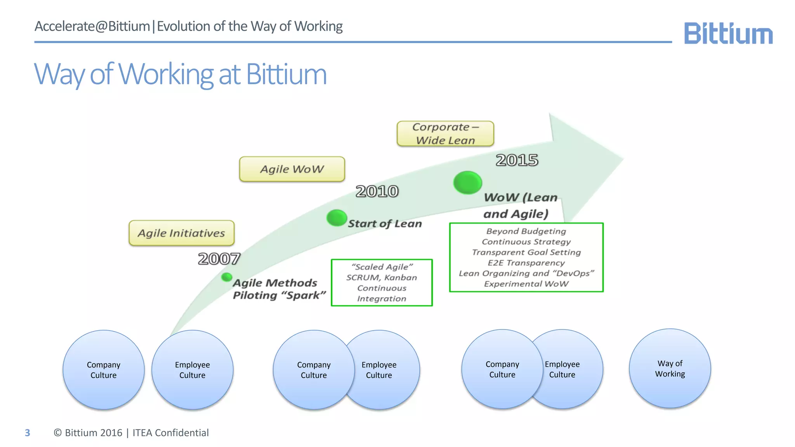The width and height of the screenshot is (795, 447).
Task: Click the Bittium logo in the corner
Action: [x=728, y=33]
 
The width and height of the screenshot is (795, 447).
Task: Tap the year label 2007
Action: [x=219, y=259]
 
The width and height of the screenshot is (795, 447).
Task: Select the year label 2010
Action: [x=377, y=191]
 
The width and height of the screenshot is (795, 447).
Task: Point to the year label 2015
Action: [x=517, y=160]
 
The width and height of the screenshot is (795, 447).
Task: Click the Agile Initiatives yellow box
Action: [x=182, y=233]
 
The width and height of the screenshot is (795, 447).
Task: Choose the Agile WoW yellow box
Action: [x=292, y=169]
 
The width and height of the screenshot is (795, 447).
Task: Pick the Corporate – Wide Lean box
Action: [x=445, y=133]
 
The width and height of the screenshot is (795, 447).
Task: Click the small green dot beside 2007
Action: [x=227, y=277]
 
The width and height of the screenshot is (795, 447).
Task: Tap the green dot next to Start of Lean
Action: [x=337, y=218]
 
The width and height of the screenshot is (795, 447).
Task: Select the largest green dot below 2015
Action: [x=468, y=182]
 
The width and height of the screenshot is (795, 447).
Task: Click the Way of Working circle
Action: [x=670, y=369]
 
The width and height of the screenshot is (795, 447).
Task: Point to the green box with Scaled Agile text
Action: [x=382, y=282]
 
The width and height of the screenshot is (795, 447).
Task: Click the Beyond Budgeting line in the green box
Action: [x=526, y=231]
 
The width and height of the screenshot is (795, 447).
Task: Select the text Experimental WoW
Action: [x=526, y=284]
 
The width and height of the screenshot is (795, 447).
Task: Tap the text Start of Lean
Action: [x=385, y=224]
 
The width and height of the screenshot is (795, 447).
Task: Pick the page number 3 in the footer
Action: [x=27, y=433]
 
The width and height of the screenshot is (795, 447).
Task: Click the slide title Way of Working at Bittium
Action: [x=180, y=74]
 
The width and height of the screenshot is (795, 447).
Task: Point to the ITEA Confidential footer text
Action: [x=170, y=433]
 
